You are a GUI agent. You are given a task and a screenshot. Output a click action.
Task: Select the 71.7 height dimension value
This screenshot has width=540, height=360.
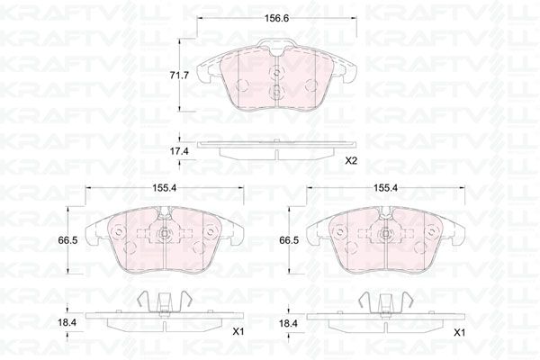(x=179, y=75)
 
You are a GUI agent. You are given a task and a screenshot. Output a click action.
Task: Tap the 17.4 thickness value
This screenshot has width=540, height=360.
(x=179, y=150)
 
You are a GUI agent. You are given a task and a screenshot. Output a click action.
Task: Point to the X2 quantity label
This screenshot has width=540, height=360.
(x=352, y=160)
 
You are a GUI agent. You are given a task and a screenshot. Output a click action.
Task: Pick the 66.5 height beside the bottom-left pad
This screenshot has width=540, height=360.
(x=67, y=240)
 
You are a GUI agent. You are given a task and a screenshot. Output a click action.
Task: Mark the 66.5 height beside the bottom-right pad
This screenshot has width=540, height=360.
(x=289, y=240)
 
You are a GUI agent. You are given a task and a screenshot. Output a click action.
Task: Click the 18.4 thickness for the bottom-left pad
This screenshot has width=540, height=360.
(x=67, y=323)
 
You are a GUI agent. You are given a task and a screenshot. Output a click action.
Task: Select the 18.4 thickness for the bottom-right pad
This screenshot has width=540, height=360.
(x=288, y=323)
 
